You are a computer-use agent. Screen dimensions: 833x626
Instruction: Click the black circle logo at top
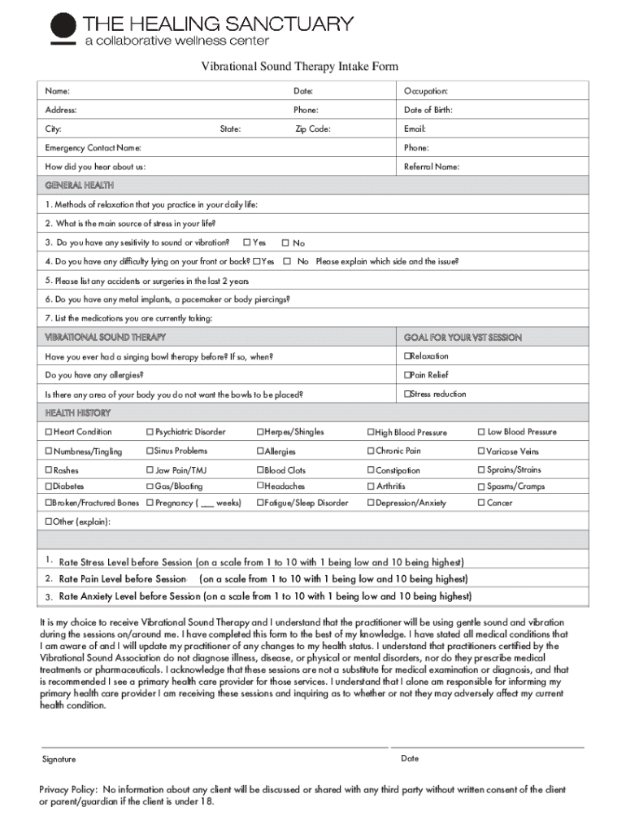[63, 26]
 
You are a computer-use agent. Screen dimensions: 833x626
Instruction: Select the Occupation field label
[426, 91]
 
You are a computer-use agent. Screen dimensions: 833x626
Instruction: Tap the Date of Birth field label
[428, 110]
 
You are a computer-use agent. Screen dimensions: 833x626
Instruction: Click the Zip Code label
[312, 129]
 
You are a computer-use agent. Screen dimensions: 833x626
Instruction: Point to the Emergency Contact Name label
[93, 148]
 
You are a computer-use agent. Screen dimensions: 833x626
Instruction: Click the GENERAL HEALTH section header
[80, 185]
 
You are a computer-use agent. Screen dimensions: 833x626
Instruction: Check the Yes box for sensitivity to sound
[246, 242]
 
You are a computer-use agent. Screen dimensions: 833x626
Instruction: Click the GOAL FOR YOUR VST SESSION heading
[463, 338]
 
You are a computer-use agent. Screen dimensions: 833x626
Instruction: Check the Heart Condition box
[49, 432]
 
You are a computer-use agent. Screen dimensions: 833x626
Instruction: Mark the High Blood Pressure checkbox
[370, 433]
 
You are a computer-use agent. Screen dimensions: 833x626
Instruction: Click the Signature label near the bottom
[59, 759]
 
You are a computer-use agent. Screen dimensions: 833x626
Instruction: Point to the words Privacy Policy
[68, 790]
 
